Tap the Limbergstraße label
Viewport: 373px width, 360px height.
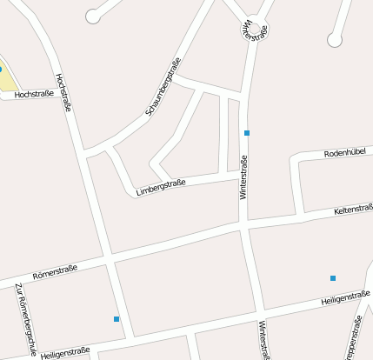pos(161,186)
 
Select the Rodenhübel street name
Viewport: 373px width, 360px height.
pos(347,152)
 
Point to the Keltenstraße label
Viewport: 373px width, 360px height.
pos(352,210)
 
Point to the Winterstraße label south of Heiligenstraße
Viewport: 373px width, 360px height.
pos(262,340)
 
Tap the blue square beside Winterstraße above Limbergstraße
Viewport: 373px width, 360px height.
pos(247,133)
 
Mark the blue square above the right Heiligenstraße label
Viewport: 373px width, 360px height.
pos(333,278)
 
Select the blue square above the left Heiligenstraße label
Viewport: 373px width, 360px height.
pos(117,319)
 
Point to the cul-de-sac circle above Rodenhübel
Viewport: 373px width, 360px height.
pos(334,40)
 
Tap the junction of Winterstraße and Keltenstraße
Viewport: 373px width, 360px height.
pos(244,226)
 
